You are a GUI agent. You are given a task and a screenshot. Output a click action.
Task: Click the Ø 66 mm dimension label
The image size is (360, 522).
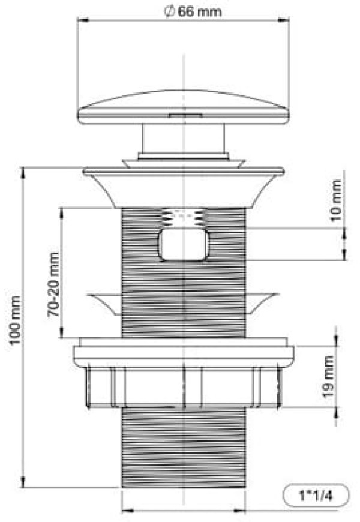click(193, 12)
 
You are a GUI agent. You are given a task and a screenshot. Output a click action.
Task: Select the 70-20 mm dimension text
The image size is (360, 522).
click(53, 285)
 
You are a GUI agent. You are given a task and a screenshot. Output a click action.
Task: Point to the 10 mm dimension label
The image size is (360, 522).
click(335, 200)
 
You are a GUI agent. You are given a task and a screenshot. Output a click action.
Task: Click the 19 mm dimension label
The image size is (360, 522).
click(328, 377)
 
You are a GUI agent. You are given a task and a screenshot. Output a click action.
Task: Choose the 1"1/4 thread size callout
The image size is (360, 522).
click(316, 496)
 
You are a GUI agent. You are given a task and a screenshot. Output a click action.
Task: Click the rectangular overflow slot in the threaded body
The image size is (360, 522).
click(183, 245)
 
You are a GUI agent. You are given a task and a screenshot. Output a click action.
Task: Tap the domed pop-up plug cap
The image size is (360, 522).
click(183, 107)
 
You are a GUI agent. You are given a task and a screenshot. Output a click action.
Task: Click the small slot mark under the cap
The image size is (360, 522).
click(185, 116)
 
